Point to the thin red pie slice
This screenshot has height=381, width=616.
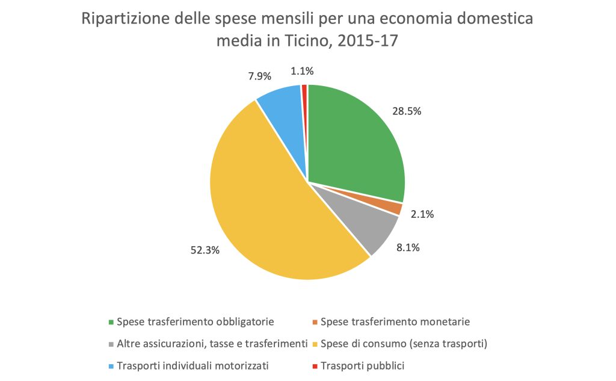click(305, 90)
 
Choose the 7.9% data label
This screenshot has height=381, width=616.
click(260, 76)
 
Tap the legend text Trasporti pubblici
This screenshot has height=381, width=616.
click(363, 365)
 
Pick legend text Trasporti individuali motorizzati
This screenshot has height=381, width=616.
click(193, 365)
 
